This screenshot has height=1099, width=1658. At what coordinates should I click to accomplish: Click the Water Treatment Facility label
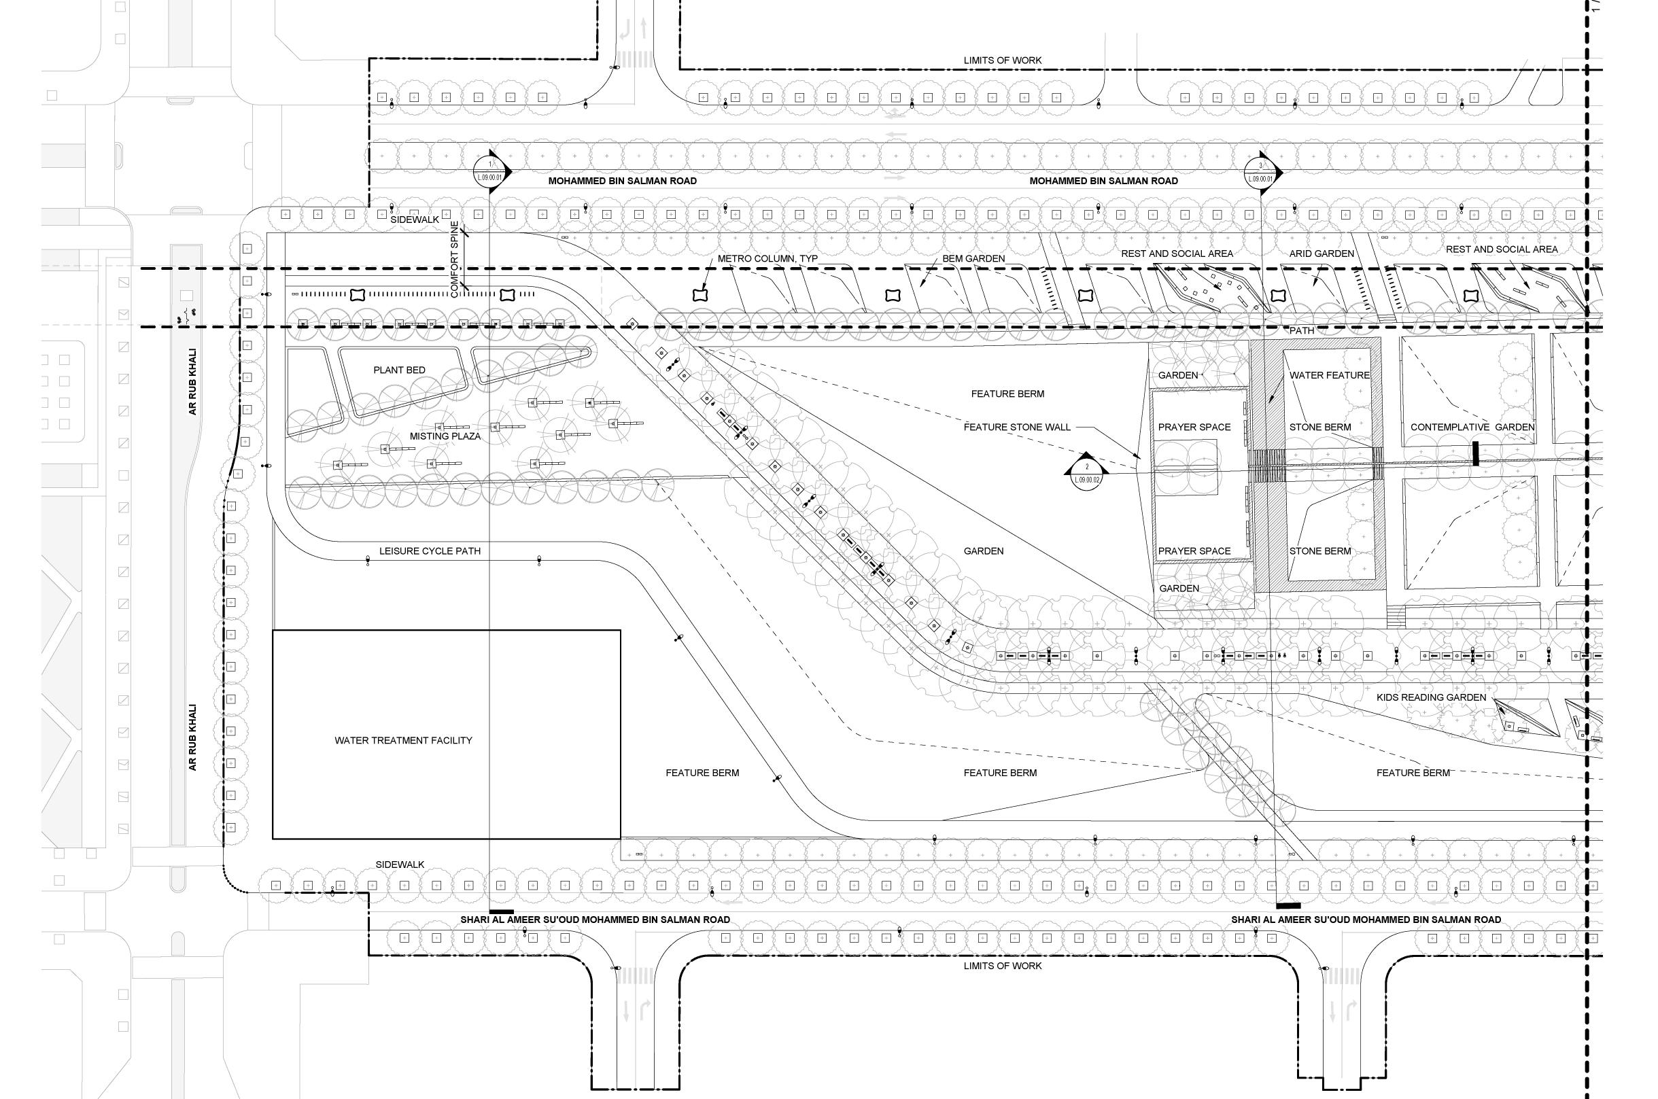coord(403,740)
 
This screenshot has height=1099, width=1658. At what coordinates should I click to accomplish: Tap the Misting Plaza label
coord(445,436)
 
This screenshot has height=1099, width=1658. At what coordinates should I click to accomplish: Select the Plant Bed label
coord(399,370)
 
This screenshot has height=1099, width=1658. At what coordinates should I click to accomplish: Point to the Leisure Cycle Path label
coord(430,551)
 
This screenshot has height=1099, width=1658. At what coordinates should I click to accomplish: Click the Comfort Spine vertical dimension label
coord(454,260)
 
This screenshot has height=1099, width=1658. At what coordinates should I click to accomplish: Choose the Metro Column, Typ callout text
coord(767,259)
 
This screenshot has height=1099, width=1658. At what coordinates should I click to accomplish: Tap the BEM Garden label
coord(973,259)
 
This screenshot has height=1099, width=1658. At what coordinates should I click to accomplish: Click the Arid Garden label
coord(1322,254)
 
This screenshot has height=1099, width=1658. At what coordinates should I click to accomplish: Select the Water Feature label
coord(1329,375)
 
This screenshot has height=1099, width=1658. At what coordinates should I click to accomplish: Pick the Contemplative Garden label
coord(1472,427)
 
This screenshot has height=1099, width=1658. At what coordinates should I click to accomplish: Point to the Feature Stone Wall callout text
coord(1016,427)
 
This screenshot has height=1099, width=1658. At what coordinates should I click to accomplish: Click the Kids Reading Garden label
coord(1431,697)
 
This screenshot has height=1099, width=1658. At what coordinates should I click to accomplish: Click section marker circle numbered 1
coord(489,172)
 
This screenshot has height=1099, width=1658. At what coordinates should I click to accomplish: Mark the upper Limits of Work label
coord(1003,60)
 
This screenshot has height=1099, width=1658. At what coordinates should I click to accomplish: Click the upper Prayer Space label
coord(1194,427)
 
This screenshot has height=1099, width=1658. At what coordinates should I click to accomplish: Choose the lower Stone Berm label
coord(1320,551)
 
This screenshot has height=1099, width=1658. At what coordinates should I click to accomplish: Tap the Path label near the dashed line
coord(1302,331)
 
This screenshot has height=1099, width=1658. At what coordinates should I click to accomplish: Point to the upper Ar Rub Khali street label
coord(193,382)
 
